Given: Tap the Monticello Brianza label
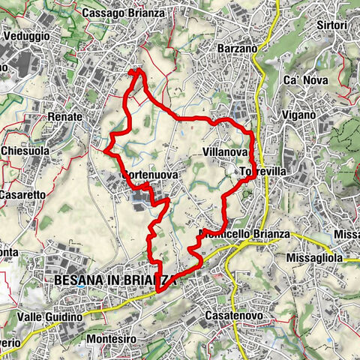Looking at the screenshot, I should (244, 234).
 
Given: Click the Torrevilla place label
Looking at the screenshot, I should (264, 172).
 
